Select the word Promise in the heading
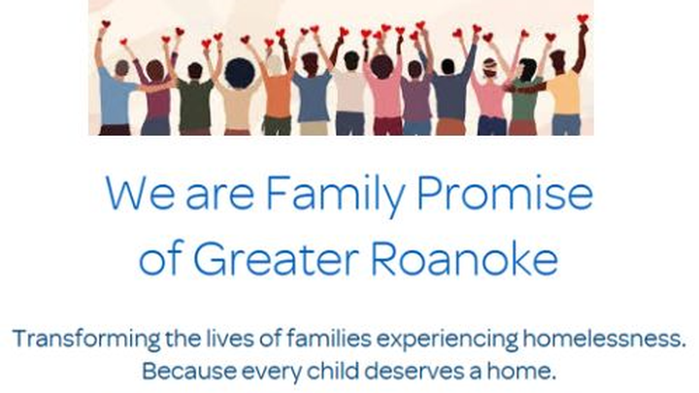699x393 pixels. click(x=505, y=192)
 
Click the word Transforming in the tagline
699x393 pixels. click(x=86, y=340)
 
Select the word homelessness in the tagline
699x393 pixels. click(x=604, y=339)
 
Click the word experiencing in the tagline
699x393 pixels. click(x=448, y=340)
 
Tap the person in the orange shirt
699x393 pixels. click(x=278, y=96)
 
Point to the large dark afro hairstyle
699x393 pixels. click(x=240, y=73)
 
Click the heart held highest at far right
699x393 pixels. click(x=582, y=18)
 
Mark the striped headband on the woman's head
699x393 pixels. click(x=489, y=65)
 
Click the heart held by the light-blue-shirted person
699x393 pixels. click(x=106, y=24)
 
